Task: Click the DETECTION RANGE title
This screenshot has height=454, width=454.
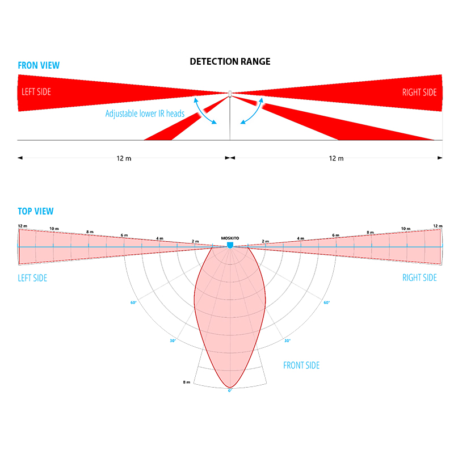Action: pyautogui.click(x=230, y=61)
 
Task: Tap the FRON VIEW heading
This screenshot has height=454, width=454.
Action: pyautogui.click(x=39, y=65)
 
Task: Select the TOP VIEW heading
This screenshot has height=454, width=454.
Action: pyautogui.click(x=36, y=211)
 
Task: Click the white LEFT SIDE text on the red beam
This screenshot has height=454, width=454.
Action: pyautogui.click(x=36, y=92)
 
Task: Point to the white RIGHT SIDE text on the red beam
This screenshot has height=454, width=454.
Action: pyautogui.click(x=419, y=92)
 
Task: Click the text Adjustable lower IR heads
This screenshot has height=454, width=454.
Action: pyautogui.click(x=145, y=113)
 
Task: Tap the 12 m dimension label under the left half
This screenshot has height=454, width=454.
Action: pyautogui.click(x=124, y=158)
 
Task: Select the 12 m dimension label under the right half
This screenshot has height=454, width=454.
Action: pyautogui.click(x=336, y=158)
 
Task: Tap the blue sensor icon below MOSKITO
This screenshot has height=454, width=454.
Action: pyautogui.click(x=230, y=245)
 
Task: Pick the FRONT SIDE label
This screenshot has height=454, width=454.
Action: pyautogui.click(x=301, y=365)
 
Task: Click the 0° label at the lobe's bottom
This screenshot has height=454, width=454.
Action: pyautogui.click(x=230, y=390)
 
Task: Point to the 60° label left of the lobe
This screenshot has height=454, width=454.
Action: pyautogui.click(x=133, y=302)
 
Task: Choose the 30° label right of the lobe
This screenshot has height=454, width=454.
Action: pyautogui.click(x=287, y=340)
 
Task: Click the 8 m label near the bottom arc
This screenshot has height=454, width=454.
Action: pyautogui.click(x=186, y=382)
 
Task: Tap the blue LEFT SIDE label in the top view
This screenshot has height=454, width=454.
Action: pyautogui.click(x=32, y=278)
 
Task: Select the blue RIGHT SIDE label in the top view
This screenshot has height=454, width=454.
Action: pyautogui.click(x=419, y=278)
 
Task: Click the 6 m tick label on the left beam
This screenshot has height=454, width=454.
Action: pyautogui.click(x=124, y=235)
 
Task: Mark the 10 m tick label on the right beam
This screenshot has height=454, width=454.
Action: pyautogui.click(x=405, y=228)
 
